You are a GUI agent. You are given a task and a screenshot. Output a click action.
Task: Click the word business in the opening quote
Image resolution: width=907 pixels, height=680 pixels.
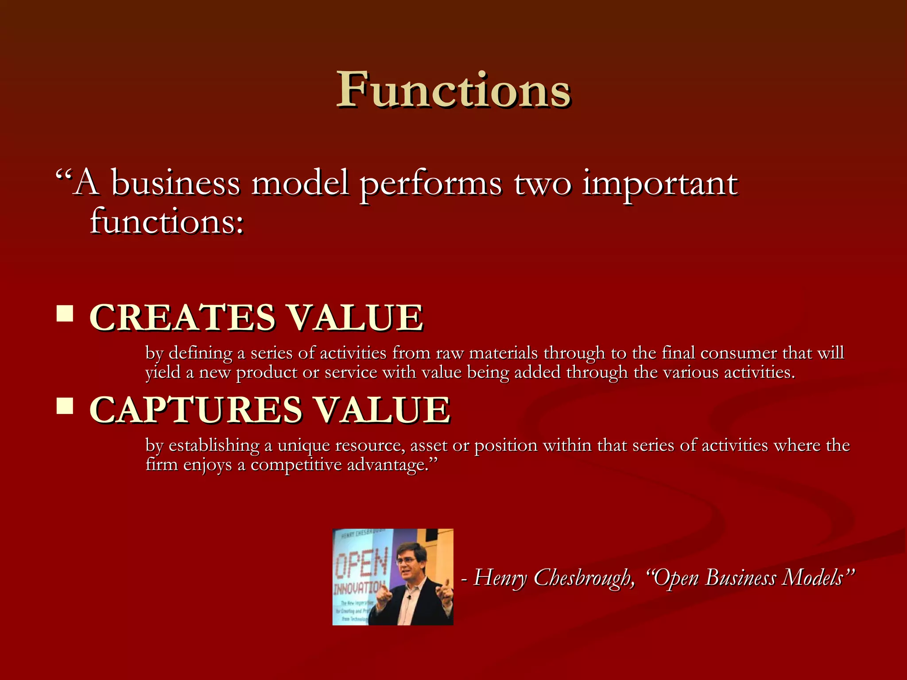pos(175,184)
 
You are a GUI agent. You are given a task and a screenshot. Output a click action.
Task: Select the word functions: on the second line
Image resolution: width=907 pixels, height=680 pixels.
pos(167,221)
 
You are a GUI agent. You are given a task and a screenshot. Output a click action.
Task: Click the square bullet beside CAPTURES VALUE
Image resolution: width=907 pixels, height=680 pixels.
pos(65,406)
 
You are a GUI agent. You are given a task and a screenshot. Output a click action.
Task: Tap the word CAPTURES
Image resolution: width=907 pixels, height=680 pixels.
pos(196,410)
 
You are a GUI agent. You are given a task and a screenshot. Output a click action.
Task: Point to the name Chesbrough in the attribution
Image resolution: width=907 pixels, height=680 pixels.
pos(584,578)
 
